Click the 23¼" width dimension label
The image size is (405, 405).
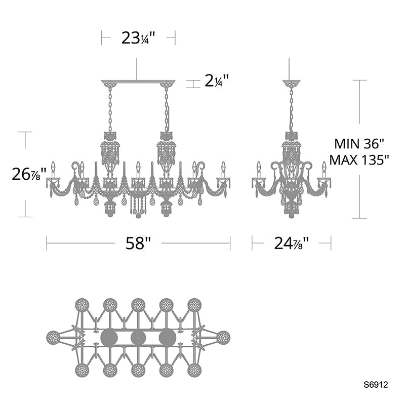point(138,38)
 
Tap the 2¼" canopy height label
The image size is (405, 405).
point(217,82)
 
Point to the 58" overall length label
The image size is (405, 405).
point(138,244)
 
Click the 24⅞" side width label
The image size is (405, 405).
point(291,244)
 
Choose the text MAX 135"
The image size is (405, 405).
point(359,160)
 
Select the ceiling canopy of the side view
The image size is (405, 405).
point(291,83)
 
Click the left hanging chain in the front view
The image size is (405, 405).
point(110,109)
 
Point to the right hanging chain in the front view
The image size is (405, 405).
point(166,109)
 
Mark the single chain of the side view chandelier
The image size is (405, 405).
point(291,109)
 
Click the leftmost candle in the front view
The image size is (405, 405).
point(53,168)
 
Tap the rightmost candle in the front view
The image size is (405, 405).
point(223,168)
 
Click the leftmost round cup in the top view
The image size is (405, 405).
point(53,337)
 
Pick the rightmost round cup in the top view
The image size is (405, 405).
point(223,337)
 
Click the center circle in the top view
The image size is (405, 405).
point(138,338)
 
